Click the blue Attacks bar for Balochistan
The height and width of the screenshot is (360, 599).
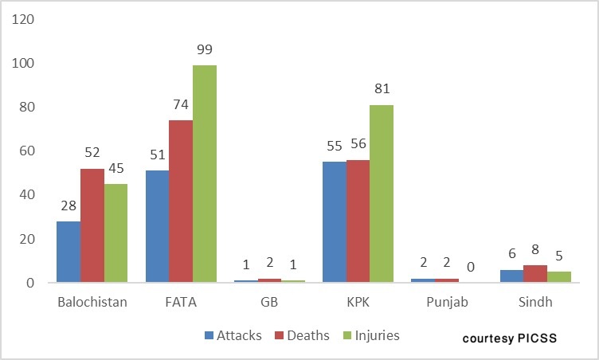(x=69, y=252)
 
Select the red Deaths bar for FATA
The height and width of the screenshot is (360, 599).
(x=181, y=201)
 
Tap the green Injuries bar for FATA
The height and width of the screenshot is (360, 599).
(x=205, y=174)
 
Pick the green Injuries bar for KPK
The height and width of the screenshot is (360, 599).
(x=381, y=194)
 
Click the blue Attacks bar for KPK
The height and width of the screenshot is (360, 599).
(x=334, y=222)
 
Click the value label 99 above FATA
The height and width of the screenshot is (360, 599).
(x=205, y=50)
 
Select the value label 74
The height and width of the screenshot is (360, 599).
(x=181, y=105)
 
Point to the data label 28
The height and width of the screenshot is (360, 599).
(x=69, y=206)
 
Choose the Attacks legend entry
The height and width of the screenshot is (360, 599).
(x=233, y=335)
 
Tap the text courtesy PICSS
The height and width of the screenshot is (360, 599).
(x=509, y=338)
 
